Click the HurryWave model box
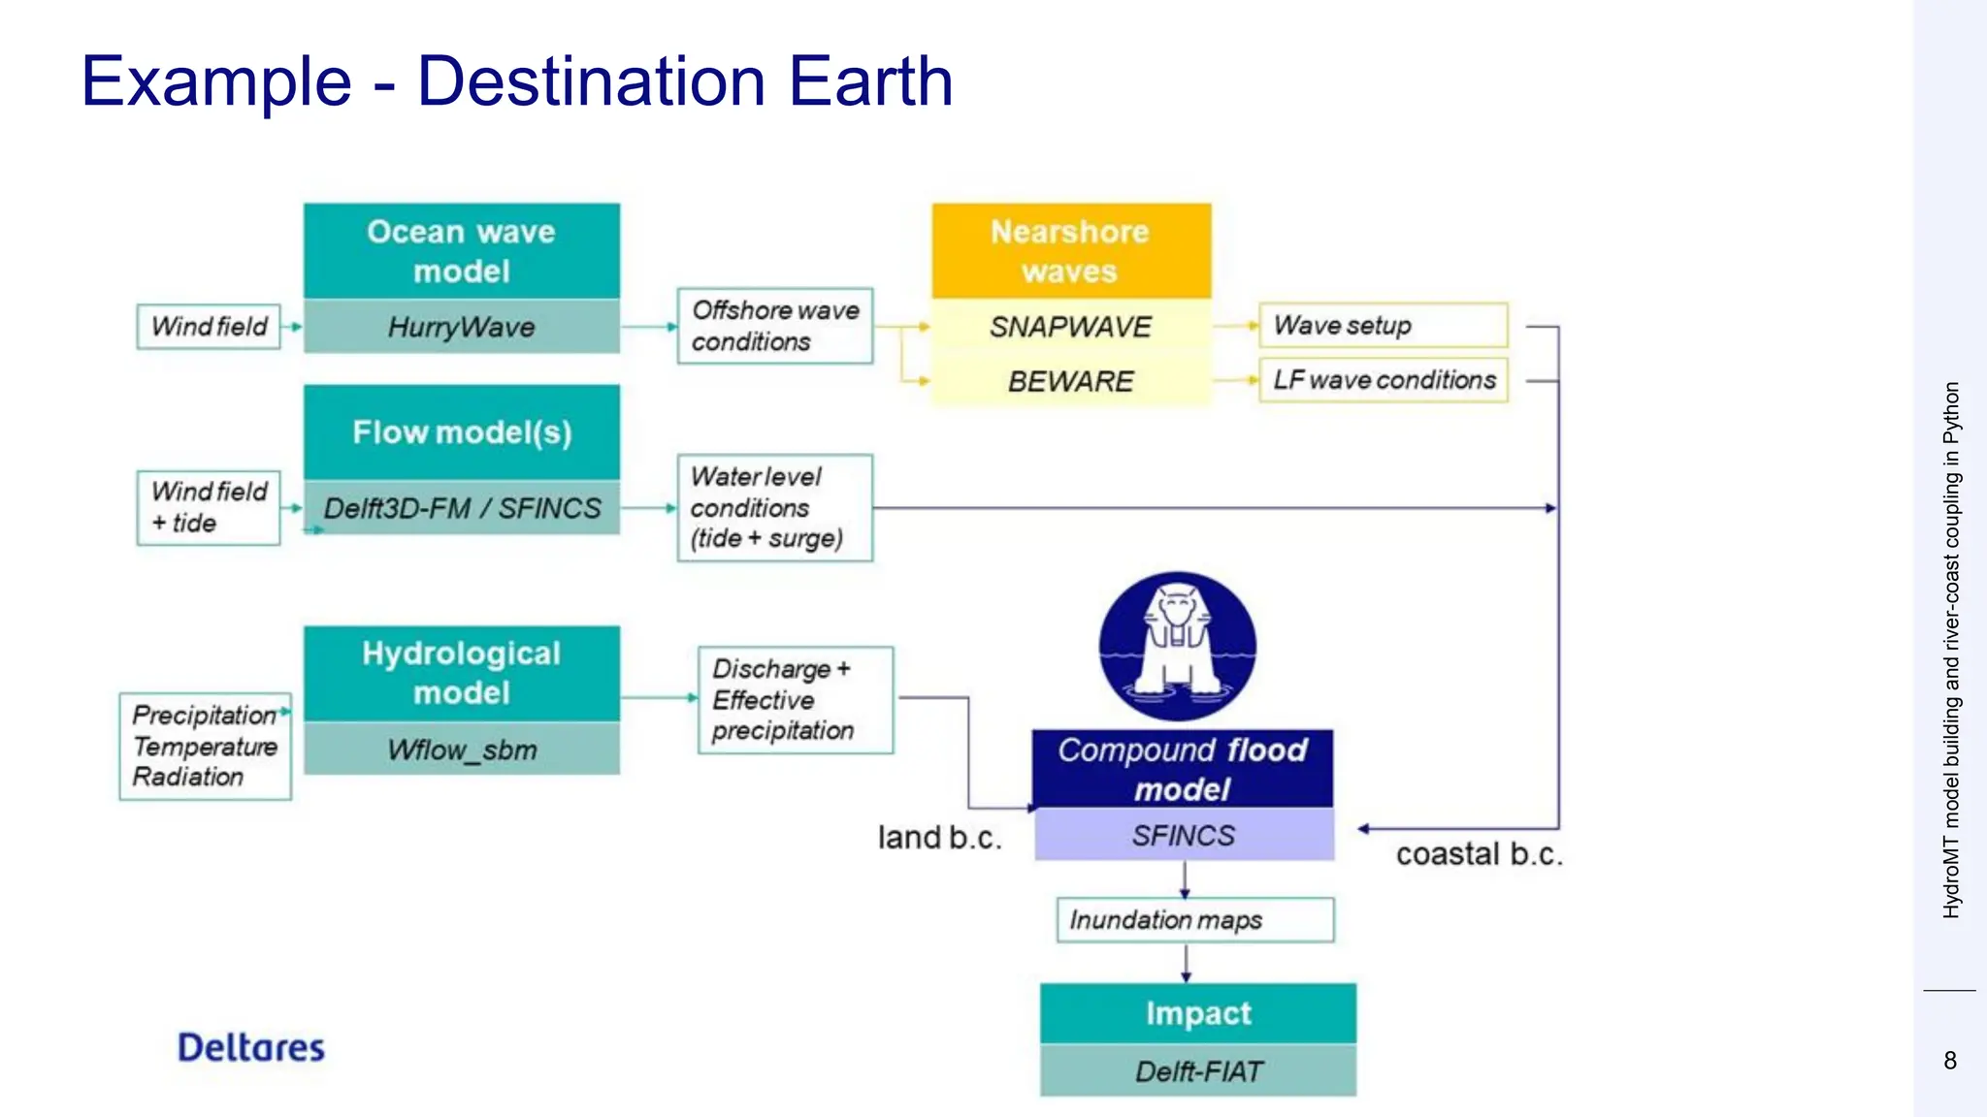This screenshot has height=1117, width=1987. (462, 327)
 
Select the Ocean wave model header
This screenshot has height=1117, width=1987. (462, 251)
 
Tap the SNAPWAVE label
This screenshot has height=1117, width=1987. (1070, 327)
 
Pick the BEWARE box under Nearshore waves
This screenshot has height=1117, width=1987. (1070, 381)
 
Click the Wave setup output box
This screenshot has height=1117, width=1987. (1383, 326)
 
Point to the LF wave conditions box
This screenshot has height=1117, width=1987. (1383, 380)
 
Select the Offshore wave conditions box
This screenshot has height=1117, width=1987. (774, 326)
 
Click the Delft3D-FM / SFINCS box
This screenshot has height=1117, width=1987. (462, 508)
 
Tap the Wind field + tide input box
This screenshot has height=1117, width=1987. (209, 507)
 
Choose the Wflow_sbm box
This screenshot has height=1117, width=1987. (462, 750)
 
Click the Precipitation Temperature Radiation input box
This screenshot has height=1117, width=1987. (205, 746)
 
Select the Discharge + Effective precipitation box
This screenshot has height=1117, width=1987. (795, 699)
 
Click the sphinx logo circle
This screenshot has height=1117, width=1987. (1178, 646)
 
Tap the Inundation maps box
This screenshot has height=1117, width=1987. (1194, 919)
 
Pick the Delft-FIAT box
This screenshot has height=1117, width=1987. (1198, 1070)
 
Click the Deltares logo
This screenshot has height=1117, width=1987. (251, 1047)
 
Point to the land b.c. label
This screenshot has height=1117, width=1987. (939, 838)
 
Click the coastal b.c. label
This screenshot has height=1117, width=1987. (1479, 854)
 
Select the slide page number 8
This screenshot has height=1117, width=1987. (1950, 1061)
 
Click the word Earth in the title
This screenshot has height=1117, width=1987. (870, 80)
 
